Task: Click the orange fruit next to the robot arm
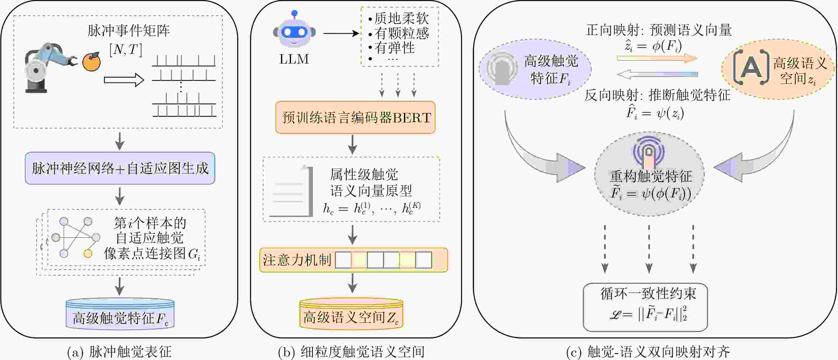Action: [91, 62]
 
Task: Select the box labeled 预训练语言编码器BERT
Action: [355, 117]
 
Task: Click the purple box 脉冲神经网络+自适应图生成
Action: [120, 168]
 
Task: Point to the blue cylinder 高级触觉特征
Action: [120, 314]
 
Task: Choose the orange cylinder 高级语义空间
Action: [351, 314]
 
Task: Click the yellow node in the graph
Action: [88, 253]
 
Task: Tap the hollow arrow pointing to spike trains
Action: [124, 80]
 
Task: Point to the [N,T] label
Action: [126, 50]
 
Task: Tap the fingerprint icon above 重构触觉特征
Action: [648, 151]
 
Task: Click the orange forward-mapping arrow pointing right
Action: [657, 58]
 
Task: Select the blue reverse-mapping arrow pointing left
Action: [657, 74]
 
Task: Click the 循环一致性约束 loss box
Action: [646, 307]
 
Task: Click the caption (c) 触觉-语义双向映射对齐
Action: [648, 352]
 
